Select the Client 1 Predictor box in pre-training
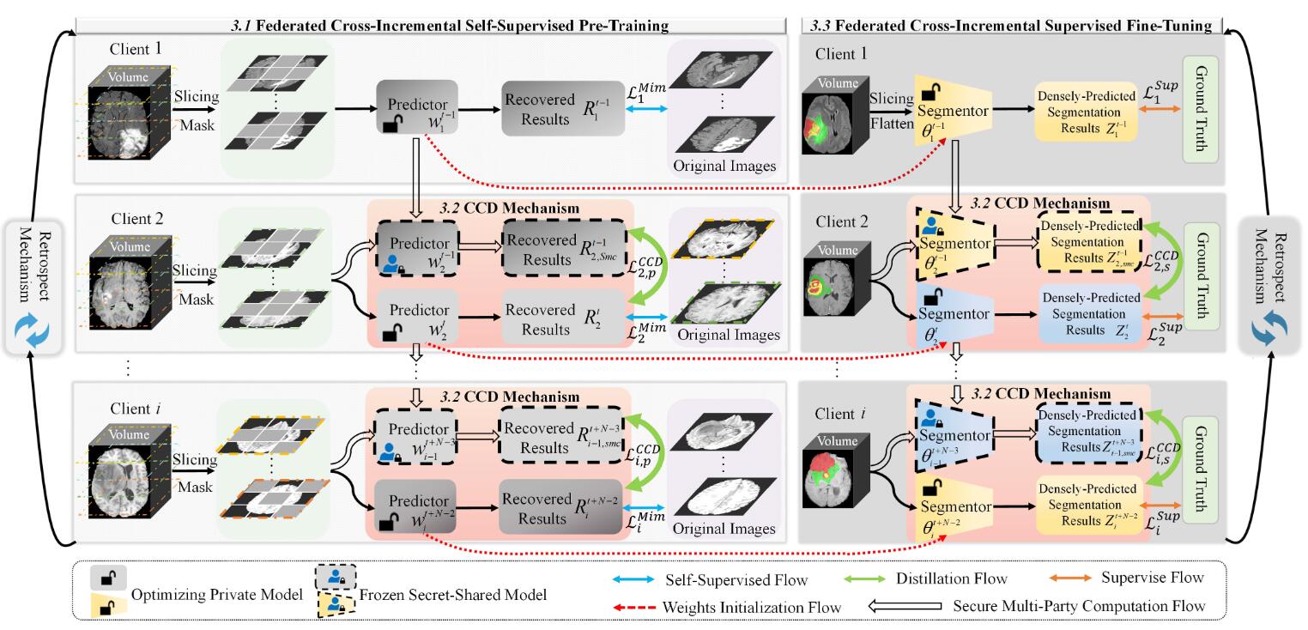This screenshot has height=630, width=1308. pyautogui.click(x=417, y=108)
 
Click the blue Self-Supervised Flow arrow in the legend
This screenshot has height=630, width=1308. pyautogui.click(x=636, y=578)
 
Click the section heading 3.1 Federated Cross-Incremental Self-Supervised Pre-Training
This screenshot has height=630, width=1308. pyautogui.click(x=430, y=26)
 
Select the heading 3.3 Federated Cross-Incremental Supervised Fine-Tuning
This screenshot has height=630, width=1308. pyautogui.click(x=1009, y=26)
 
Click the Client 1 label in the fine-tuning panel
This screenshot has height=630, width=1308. pyautogui.click(x=842, y=53)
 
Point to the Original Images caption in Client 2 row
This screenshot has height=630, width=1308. pyautogui.click(x=729, y=335)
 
